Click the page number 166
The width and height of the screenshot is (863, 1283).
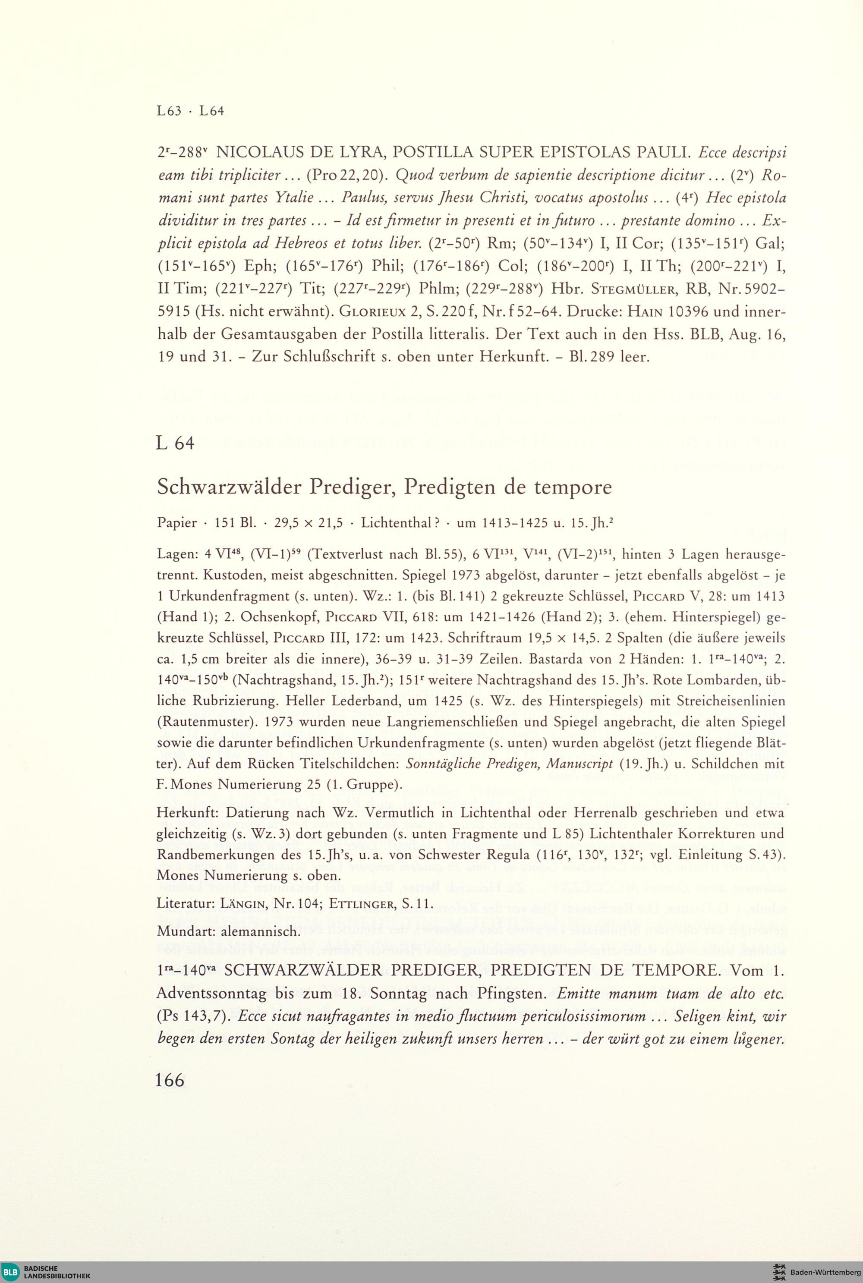tap(170, 1080)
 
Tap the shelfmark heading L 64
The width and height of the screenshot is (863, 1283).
tap(175, 443)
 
